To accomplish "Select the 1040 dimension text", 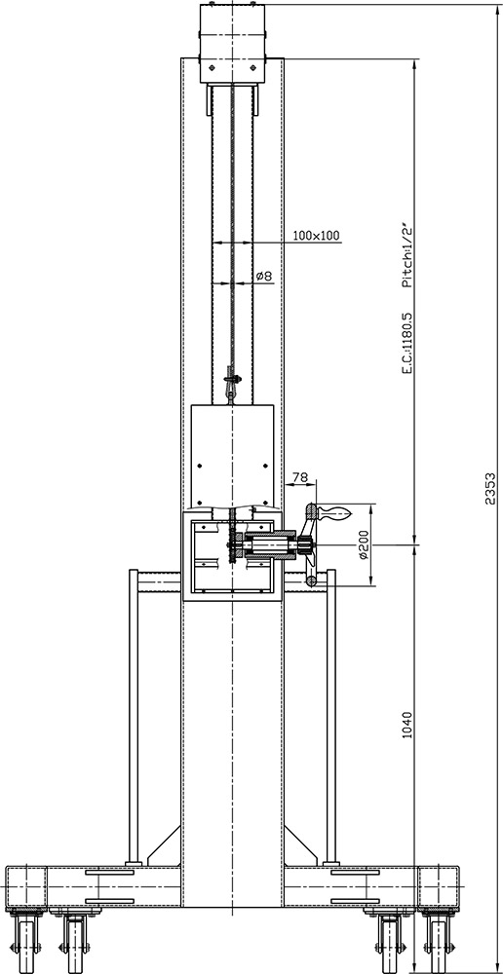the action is pos(407,725).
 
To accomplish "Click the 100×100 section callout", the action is pos(316,235).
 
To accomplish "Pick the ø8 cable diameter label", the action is pos(263,276).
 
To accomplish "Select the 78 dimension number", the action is pos(300,477).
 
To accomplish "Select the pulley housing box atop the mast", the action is pos(231,44).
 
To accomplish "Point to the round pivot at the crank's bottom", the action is pos(310,581).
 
